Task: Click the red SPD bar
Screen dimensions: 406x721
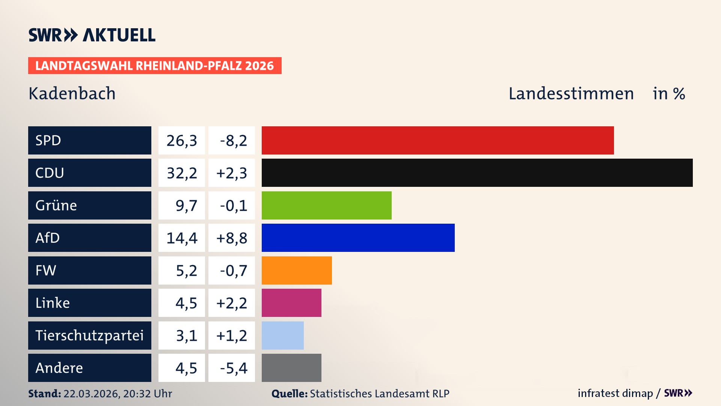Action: [x=437, y=140]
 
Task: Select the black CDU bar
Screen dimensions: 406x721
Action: [x=477, y=173]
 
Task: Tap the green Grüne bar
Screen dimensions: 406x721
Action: [x=326, y=205]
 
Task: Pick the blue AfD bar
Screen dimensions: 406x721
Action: [x=358, y=238]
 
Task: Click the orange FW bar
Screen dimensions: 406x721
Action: [x=297, y=270]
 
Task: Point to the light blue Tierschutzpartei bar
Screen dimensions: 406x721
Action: [x=282, y=335]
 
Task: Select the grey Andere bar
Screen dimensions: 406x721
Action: [x=291, y=368]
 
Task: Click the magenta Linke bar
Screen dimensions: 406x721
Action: [x=291, y=303]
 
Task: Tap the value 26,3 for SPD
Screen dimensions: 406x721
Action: [x=182, y=141]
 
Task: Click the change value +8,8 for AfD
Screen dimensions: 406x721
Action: [x=232, y=238]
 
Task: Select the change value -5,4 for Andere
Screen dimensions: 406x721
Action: [x=233, y=368]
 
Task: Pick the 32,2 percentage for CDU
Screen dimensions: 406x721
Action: [x=182, y=173]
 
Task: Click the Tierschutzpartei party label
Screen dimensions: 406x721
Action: [x=89, y=335]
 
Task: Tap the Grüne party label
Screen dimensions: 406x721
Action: [x=56, y=205]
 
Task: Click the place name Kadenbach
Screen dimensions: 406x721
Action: [x=72, y=94]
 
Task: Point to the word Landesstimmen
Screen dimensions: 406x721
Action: [x=571, y=94]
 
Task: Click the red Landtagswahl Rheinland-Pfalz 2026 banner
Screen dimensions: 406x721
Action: [x=155, y=66]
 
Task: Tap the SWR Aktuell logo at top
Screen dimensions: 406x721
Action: [x=92, y=35]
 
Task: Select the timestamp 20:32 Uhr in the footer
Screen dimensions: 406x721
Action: [x=147, y=394]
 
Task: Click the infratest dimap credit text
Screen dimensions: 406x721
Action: [x=615, y=393]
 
